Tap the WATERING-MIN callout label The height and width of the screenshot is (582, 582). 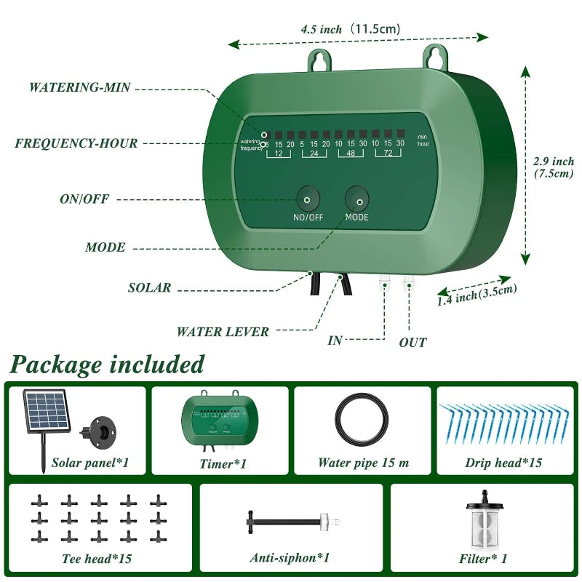pyautogui.click(x=79, y=87)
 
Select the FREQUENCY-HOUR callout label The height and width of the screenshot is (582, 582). pyautogui.click(x=76, y=143)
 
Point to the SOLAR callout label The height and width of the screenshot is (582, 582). pyautogui.click(x=149, y=287)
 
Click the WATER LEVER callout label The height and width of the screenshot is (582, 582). pyautogui.click(x=223, y=332)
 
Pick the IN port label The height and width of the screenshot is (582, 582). pyautogui.click(x=335, y=340)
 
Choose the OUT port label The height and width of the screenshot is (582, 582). pyautogui.click(x=412, y=342)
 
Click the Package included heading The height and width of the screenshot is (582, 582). pyautogui.click(x=108, y=364)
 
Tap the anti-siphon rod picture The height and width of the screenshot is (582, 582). pyautogui.click(x=289, y=522)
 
